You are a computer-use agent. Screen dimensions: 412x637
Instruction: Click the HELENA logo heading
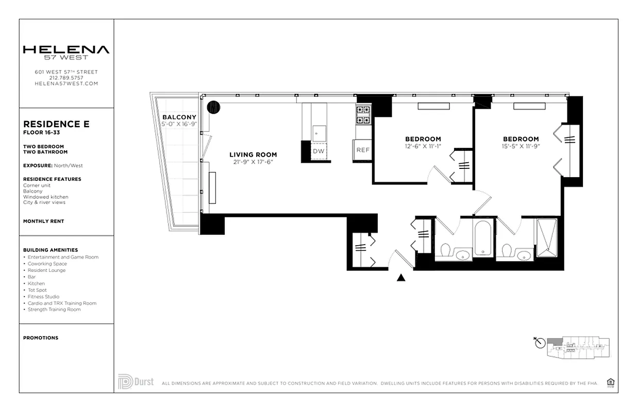(x=66, y=50)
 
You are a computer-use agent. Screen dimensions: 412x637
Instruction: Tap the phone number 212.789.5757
(x=66, y=78)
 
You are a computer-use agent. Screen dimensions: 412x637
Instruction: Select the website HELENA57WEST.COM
(x=66, y=83)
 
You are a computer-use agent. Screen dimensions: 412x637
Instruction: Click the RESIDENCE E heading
(x=56, y=124)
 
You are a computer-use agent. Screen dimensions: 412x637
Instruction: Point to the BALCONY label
(x=179, y=117)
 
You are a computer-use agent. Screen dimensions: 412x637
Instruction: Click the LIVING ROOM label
(x=253, y=154)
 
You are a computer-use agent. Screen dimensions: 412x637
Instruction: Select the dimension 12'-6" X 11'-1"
(x=423, y=146)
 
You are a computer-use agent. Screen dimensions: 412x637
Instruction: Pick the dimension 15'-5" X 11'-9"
(x=521, y=146)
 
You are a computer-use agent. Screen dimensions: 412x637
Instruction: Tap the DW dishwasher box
(x=318, y=151)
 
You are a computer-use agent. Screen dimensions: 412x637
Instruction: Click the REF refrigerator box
(x=363, y=150)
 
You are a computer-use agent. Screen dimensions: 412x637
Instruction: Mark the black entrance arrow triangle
(x=401, y=278)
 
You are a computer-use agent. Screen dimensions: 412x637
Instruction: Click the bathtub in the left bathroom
(x=483, y=238)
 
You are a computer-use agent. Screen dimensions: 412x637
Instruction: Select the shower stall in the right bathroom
(x=546, y=237)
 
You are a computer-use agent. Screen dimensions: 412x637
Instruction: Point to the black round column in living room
(x=213, y=107)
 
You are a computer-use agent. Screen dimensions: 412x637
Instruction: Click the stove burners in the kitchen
(x=363, y=115)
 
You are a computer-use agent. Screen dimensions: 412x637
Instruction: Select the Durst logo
(x=136, y=382)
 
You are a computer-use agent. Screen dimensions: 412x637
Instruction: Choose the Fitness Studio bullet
(x=43, y=297)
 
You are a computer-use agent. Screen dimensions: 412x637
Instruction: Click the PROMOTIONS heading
(x=41, y=338)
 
